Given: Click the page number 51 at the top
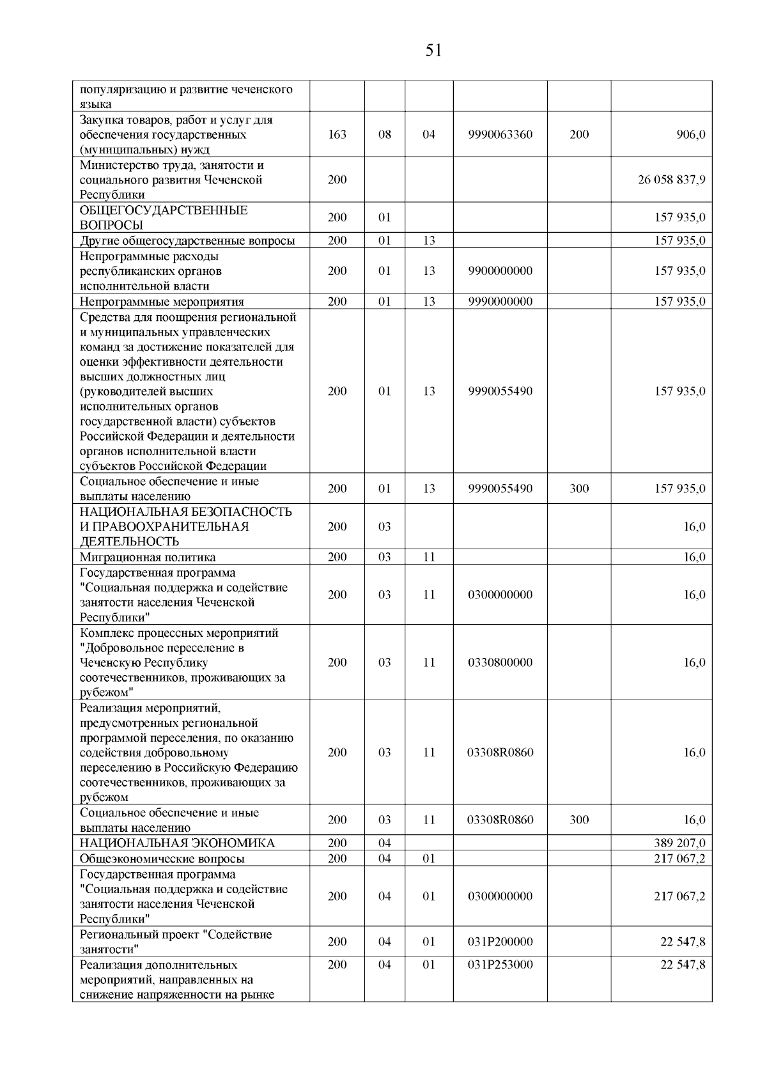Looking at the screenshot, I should [433, 51].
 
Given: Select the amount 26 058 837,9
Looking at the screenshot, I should [671, 180].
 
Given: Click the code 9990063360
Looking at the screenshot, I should [500, 135].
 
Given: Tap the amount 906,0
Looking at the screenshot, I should [692, 135].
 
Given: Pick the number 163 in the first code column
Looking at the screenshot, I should [337, 135].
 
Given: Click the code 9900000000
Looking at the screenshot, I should [500, 271].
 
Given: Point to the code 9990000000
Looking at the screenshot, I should [500, 302].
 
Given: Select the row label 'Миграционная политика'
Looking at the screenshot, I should [148, 558].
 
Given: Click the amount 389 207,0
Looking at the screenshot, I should [679, 843].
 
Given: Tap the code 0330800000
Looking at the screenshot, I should [500, 662].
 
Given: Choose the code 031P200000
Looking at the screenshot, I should [500, 942].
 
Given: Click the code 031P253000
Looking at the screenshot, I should [500, 965].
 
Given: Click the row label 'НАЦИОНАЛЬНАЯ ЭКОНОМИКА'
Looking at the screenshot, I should [177, 843].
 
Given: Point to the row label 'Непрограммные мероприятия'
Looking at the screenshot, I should [162, 302].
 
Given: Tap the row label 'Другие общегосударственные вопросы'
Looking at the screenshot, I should [187, 241].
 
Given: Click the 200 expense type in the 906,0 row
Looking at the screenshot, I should [579, 135].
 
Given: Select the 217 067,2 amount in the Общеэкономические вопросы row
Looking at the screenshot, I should [679, 859].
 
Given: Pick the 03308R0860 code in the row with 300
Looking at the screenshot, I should [500, 820].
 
